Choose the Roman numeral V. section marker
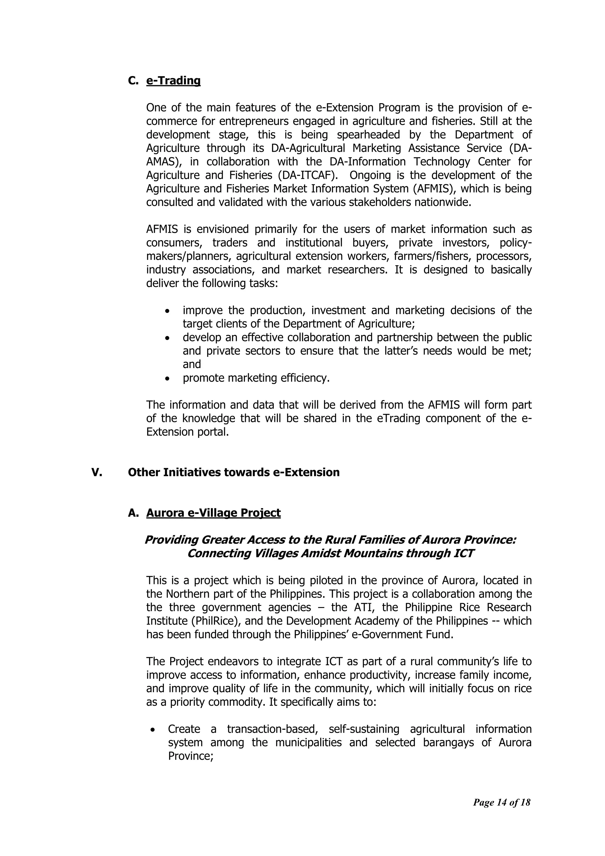(x=97, y=473)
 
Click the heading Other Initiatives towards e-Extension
(x=234, y=473)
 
